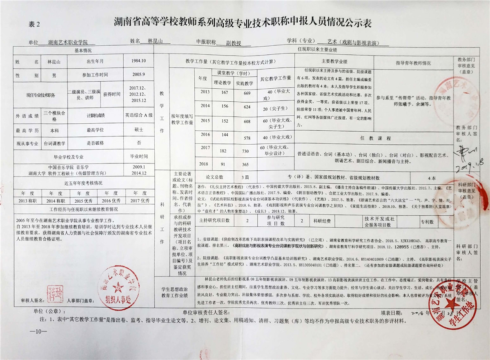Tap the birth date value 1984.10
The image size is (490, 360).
tap(138, 61)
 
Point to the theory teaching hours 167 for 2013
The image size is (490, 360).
tap(223, 92)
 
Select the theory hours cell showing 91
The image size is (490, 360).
tap(223, 164)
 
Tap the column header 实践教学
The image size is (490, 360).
tap(245, 83)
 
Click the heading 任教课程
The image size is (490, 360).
tap(371, 139)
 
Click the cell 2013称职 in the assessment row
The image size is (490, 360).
tap(27, 201)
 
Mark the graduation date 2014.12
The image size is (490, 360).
tap(139, 172)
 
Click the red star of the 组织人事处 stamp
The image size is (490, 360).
tap(120, 286)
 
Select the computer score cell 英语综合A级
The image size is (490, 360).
tap(138, 115)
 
